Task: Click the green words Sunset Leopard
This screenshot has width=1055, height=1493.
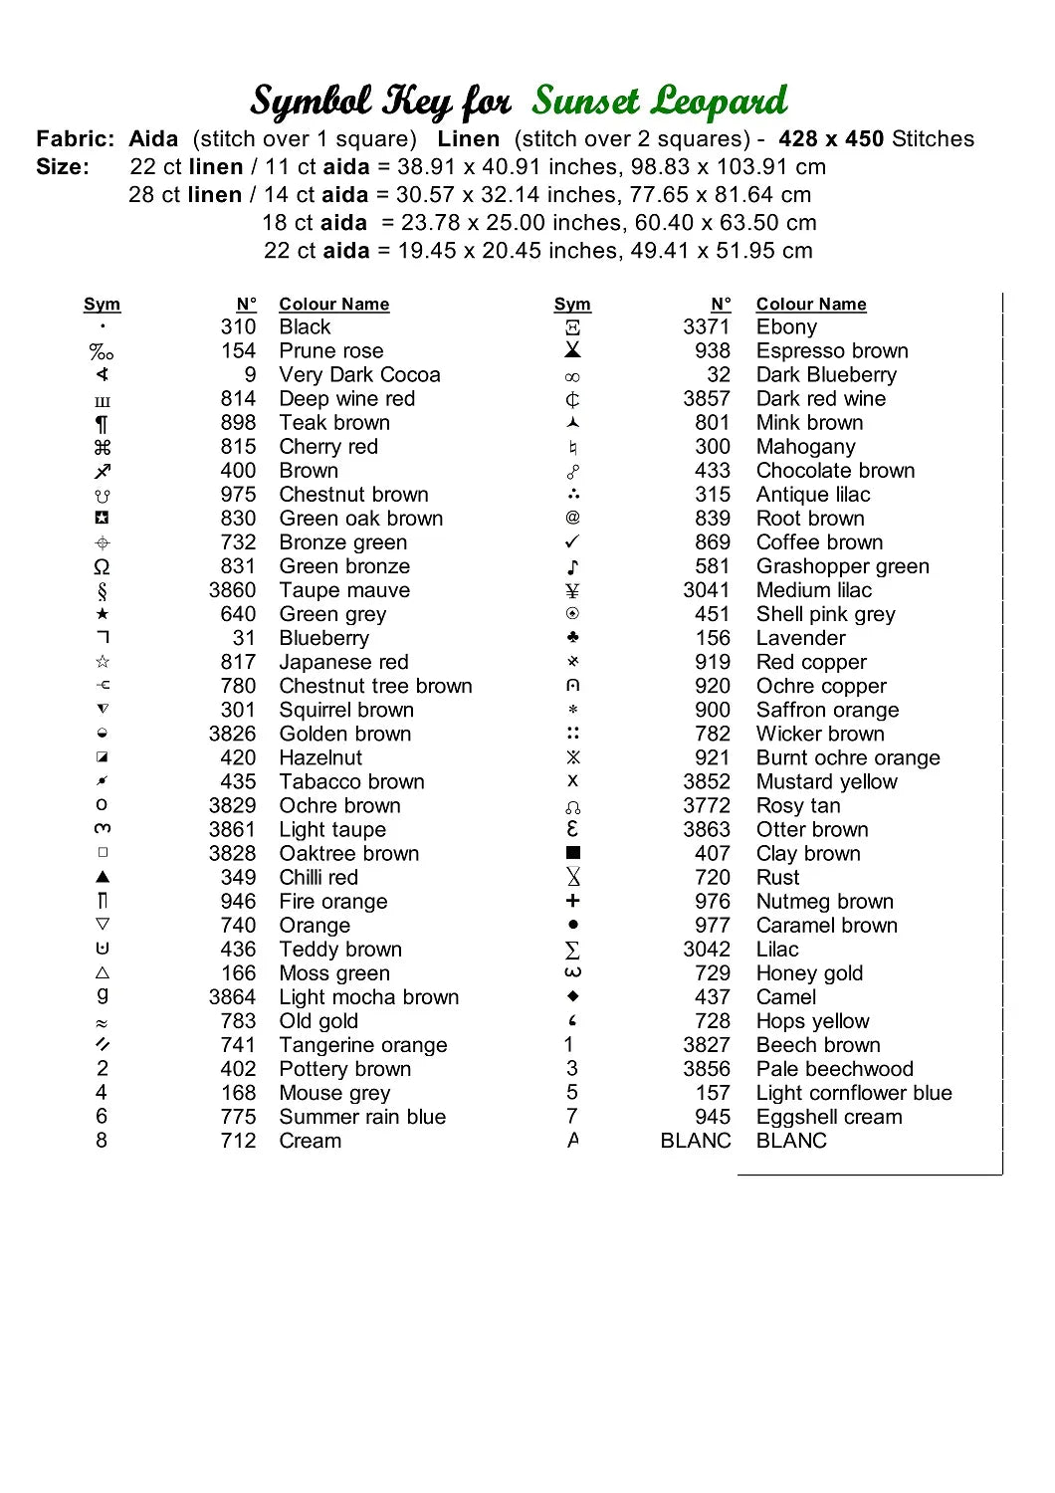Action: [x=660, y=102]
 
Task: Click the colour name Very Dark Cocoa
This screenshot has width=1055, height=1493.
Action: [x=359, y=375]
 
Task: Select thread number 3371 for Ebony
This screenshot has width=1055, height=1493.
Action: [x=706, y=327]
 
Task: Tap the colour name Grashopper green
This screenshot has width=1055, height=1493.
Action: [x=842, y=566]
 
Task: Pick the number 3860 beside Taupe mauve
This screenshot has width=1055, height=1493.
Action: [x=232, y=590]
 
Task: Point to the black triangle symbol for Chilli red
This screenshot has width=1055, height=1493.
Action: [x=103, y=877]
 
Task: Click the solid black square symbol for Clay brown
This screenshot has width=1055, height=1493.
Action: [x=572, y=853]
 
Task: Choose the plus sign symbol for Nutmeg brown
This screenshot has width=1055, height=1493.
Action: [x=572, y=901]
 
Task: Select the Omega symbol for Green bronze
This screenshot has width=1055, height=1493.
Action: [x=102, y=566]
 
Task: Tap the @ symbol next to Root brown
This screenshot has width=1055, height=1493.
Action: [x=572, y=518]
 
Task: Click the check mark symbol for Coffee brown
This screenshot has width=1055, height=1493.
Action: [x=572, y=542]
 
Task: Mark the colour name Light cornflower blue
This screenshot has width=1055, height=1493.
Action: [x=853, y=1093]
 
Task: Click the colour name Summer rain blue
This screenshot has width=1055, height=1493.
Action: [x=362, y=1117]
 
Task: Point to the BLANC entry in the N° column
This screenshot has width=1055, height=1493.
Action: [x=695, y=1141]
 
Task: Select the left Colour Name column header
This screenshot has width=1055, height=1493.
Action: [x=333, y=305]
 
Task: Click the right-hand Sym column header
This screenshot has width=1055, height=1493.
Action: [x=572, y=305]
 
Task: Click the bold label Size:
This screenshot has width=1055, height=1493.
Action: [x=63, y=167]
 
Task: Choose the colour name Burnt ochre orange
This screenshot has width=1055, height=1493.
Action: [x=847, y=757]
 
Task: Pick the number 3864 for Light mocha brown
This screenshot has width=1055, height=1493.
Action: [x=232, y=997]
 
